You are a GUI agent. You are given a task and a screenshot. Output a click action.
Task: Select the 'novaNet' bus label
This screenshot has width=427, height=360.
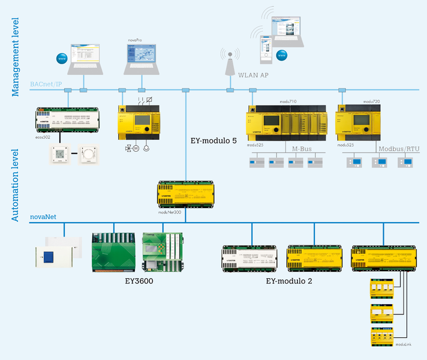click(43, 217)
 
